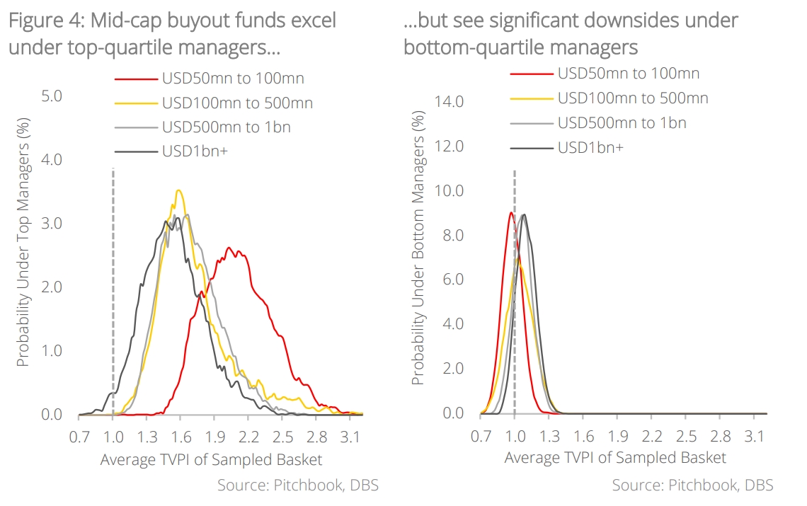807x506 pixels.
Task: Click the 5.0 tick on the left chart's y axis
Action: (52, 96)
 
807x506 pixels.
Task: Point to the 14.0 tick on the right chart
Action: (449, 101)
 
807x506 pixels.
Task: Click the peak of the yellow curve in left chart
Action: (179, 190)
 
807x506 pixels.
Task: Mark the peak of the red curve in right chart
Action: (510, 212)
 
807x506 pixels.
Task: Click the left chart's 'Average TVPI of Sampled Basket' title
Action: (211, 459)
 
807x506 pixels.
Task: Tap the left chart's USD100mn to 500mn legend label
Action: (237, 103)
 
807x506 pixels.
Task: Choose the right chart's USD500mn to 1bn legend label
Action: (622, 122)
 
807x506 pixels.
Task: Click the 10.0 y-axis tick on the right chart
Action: (449, 190)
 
